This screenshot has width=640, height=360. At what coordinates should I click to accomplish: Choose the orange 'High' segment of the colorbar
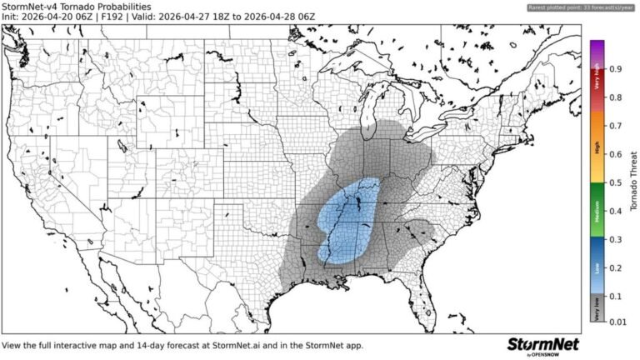click(x=596, y=153)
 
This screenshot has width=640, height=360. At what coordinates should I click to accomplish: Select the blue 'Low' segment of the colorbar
click(x=596, y=267)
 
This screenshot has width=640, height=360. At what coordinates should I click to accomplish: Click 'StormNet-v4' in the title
click(x=32, y=7)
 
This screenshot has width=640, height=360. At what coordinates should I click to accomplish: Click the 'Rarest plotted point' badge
click(x=582, y=7)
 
